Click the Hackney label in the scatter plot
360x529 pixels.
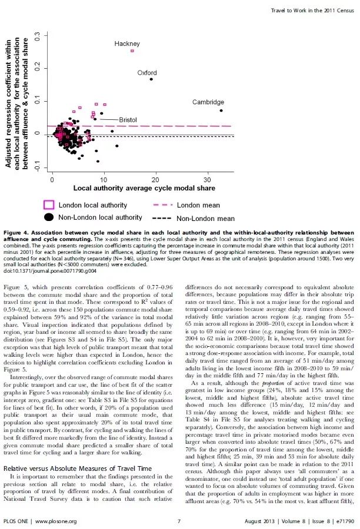[126, 44]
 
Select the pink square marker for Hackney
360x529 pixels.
[132, 51]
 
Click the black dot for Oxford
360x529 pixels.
[151, 79]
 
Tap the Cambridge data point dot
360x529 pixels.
[221, 110]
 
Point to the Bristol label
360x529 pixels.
[128, 119]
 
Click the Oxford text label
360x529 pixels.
[147, 72]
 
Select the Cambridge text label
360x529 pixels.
[208, 102]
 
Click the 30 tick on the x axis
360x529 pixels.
[208, 179]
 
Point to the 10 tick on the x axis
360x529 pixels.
[104, 179]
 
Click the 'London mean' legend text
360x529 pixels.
[198, 205]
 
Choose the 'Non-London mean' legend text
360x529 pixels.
[205, 218]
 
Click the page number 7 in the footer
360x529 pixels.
[179, 521]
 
